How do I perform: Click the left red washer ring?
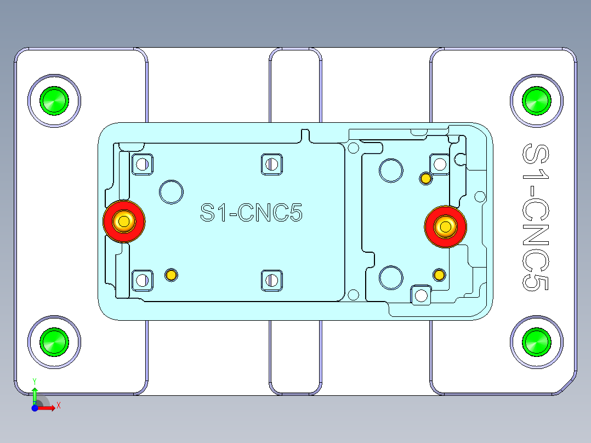click(110, 222)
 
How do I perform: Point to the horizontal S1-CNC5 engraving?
click(251, 213)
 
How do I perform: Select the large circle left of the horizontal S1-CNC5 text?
click(171, 191)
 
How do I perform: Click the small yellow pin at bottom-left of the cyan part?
click(172, 275)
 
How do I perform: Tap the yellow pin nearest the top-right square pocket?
click(425, 178)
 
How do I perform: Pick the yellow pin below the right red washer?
click(439, 275)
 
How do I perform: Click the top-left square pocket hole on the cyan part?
click(143, 163)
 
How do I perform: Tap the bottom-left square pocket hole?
click(143, 280)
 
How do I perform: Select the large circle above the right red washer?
click(391, 170)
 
